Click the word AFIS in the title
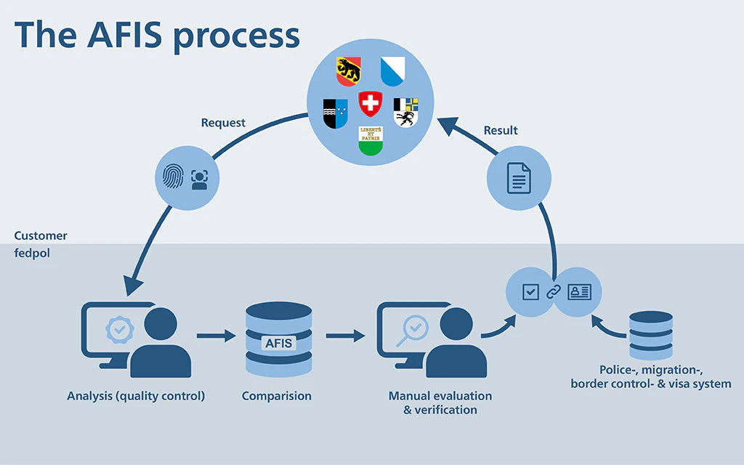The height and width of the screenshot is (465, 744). pyautogui.click(x=130, y=35)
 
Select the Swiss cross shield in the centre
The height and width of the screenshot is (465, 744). pyautogui.click(x=371, y=104)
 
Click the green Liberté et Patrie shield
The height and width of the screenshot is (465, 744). pyautogui.click(x=371, y=139)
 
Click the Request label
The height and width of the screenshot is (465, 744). pyautogui.click(x=223, y=123)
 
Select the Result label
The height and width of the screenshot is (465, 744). pyautogui.click(x=501, y=130)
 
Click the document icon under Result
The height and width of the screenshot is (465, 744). pyautogui.click(x=519, y=179)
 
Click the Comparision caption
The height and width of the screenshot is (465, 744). pyautogui.click(x=277, y=396)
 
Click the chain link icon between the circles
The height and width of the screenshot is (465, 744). pyautogui.click(x=554, y=292)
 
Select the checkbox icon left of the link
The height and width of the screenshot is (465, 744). pyautogui.click(x=530, y=292)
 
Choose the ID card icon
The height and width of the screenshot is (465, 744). pyautogui.click(x=579, y=292)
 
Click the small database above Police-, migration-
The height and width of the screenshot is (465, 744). pyautogui.click(x=650, y=335)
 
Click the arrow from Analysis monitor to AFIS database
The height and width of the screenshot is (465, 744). pyautogui.click(x=216, y=336)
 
